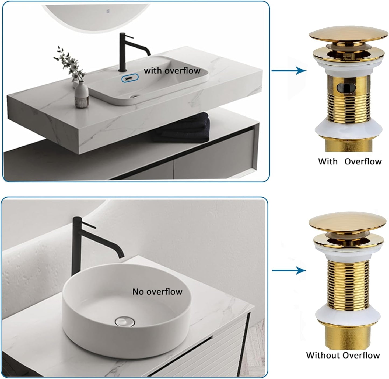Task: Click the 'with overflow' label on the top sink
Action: (172, 71)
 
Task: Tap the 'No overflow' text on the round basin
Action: (157, 291)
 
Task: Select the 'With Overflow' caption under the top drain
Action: (350, 161)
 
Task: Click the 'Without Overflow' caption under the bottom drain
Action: (343, 355)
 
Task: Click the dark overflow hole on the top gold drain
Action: (346, 88)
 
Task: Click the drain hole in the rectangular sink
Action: (135, 95)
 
